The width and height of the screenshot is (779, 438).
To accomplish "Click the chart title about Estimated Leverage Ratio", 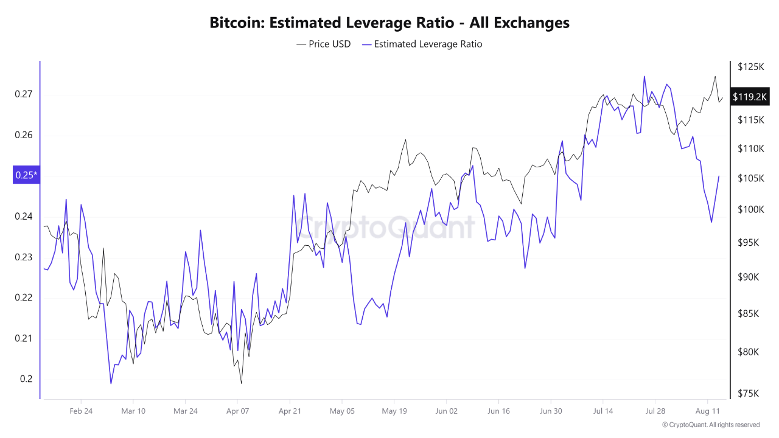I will coord(389,23).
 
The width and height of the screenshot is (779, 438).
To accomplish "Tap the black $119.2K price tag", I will coord(750,97).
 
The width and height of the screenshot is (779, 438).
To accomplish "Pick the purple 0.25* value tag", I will coord(26,175).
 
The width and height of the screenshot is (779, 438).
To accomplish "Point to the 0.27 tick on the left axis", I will coord(23,94).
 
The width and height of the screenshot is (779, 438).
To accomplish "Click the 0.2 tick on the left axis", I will coord(26,379).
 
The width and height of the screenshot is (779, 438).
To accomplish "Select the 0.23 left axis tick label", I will coord(23,257).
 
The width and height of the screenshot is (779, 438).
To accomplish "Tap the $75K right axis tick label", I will coord(747,394).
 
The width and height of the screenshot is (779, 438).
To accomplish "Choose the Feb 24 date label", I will coord(81,411).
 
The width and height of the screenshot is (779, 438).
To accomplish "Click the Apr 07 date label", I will coord(237,411).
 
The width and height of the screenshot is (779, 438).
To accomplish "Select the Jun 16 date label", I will coord(498,411).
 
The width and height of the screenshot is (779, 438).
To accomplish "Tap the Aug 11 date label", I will coord(707,411).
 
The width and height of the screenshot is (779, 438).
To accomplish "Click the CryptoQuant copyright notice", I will coord(711,425).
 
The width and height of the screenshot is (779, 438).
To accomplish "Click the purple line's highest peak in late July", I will coord(644,77).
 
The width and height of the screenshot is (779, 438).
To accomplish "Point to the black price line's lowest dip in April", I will coord(242,383).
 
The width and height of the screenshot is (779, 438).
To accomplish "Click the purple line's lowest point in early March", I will coord(111,383).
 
